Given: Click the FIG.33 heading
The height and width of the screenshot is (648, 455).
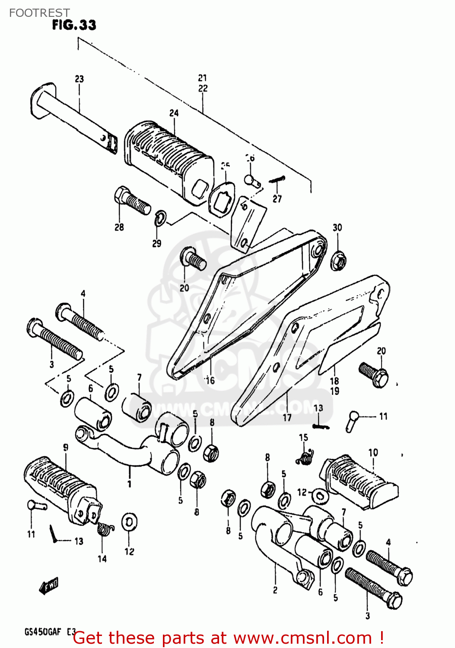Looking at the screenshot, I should pos(74,25).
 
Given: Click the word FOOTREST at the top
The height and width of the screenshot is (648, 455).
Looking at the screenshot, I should pos(39,13).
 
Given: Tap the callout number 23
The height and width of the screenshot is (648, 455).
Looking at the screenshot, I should pos(79,79).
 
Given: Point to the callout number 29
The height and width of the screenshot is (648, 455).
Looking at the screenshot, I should pos(156,243).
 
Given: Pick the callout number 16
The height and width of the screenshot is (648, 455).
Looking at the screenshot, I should pos(210,381).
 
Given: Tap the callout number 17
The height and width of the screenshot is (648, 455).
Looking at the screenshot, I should pos(287,418).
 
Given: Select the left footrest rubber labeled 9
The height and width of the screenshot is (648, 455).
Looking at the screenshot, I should pos(60,486).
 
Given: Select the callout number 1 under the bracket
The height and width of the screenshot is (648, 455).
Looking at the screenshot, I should pos(129,484).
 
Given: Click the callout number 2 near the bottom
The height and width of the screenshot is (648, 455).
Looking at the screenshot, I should pos(275,590).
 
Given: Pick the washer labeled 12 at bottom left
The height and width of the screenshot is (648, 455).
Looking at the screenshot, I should pos(129,523).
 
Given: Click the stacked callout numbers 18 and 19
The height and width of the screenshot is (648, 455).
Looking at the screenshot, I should pos(334,386).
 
